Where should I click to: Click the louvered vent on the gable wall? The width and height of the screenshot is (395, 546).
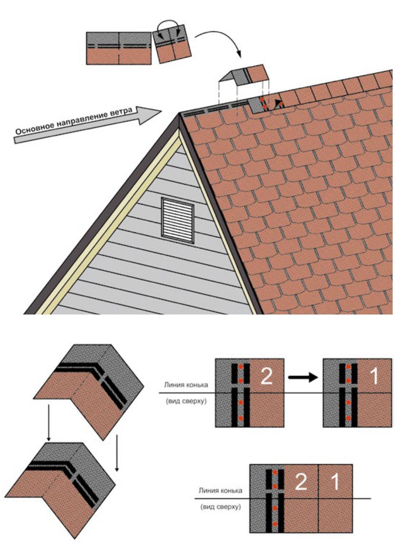point(178,220)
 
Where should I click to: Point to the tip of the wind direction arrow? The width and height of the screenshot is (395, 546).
point(162,111)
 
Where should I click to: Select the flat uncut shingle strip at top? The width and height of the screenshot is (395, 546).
point(119,48)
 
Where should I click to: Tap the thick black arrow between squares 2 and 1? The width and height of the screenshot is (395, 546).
point(303,377)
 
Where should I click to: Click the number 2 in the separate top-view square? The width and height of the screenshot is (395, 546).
point(266,376)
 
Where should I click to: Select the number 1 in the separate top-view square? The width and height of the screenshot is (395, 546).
point(374,376)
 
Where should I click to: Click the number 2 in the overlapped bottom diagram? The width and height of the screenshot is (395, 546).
point(301,481)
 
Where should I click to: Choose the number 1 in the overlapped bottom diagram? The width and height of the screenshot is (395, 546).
point(335,481)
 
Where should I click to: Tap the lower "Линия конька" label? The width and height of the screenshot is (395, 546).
point(220,490)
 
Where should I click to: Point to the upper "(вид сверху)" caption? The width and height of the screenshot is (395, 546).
point(186,401)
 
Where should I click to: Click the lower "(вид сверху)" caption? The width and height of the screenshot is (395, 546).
point(220,507)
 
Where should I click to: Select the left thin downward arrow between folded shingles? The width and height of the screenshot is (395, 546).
point(49,422)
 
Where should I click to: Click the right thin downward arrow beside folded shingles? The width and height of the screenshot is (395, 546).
point(117,453)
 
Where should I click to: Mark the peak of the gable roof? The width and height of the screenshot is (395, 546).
point(179,113)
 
